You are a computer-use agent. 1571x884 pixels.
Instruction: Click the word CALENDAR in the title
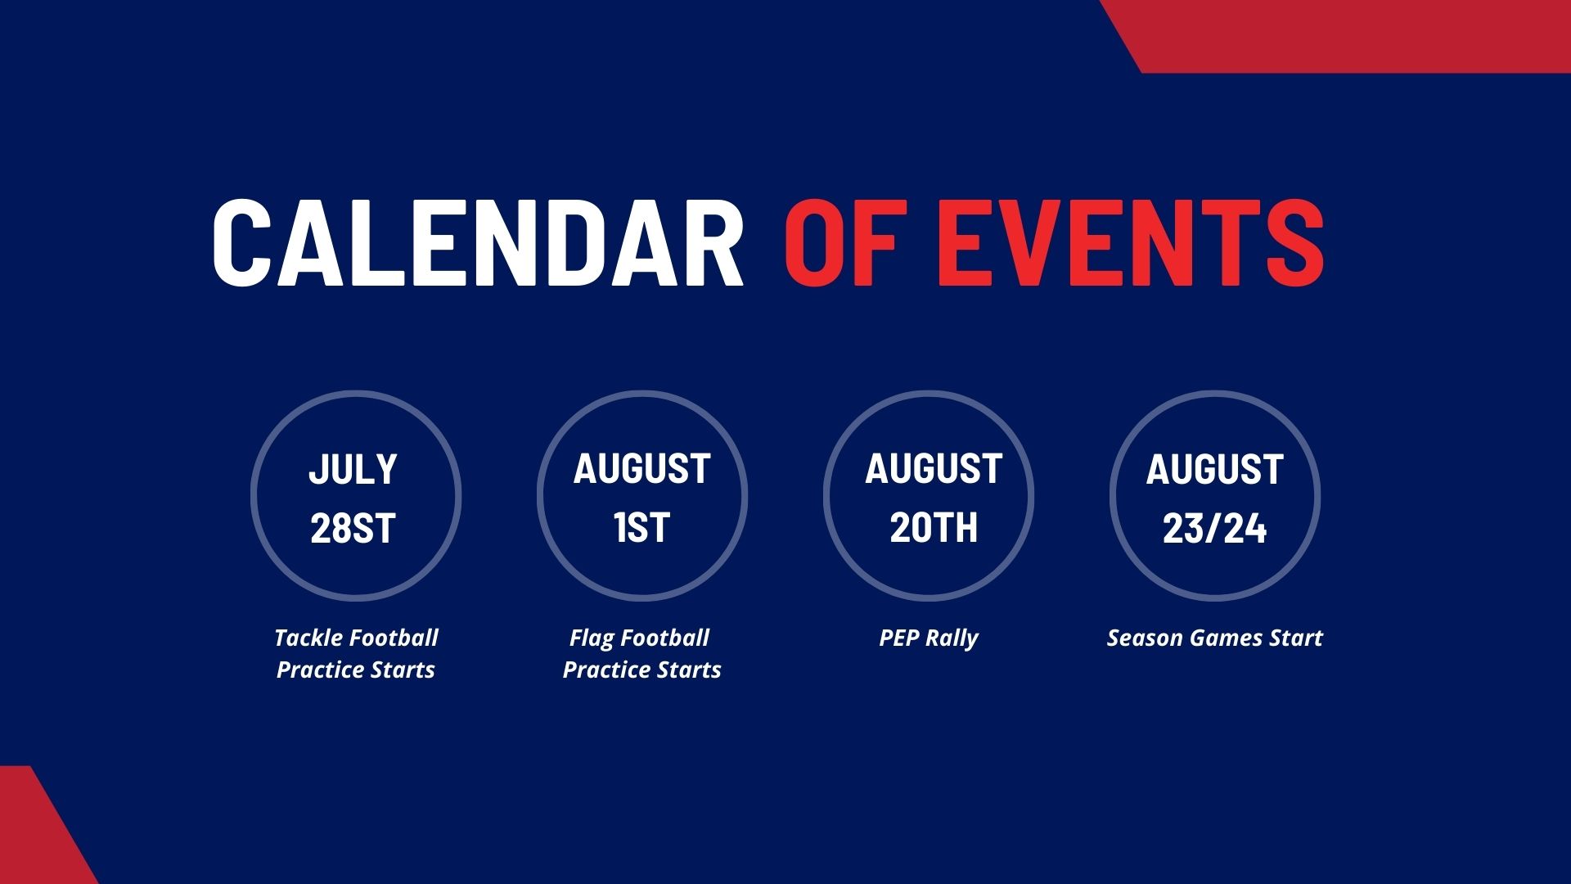tap(478, 243)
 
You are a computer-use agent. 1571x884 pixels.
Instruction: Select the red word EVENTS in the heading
tap(1130, 243)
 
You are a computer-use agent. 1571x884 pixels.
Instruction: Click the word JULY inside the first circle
tap(353, 469)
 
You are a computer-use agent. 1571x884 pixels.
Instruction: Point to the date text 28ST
tap(353, 528)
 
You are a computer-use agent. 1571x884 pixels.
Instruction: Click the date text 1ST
tap(642, 528)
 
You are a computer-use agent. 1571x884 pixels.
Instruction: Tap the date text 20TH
tap(934, 528)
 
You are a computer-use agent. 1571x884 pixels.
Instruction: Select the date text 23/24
tap(1215, 528)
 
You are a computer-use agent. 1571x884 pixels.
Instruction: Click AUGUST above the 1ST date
tap(641, 469)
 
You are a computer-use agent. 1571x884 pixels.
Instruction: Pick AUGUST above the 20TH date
tap(934, 469)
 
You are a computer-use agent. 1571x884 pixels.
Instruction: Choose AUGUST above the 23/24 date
tap(1214, 469)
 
